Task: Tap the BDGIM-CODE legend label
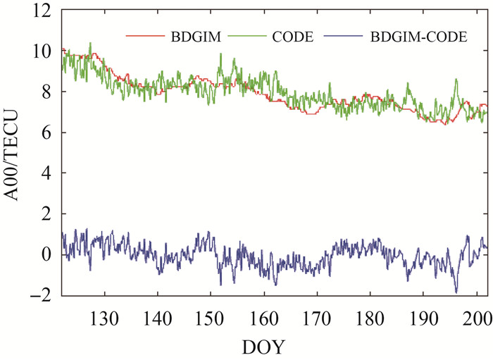point(418,37)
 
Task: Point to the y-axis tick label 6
point(46,132)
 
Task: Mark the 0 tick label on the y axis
point(46,254)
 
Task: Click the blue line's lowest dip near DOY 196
point(456,292)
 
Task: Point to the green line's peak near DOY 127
point(90,43)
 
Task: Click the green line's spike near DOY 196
point(456,80)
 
